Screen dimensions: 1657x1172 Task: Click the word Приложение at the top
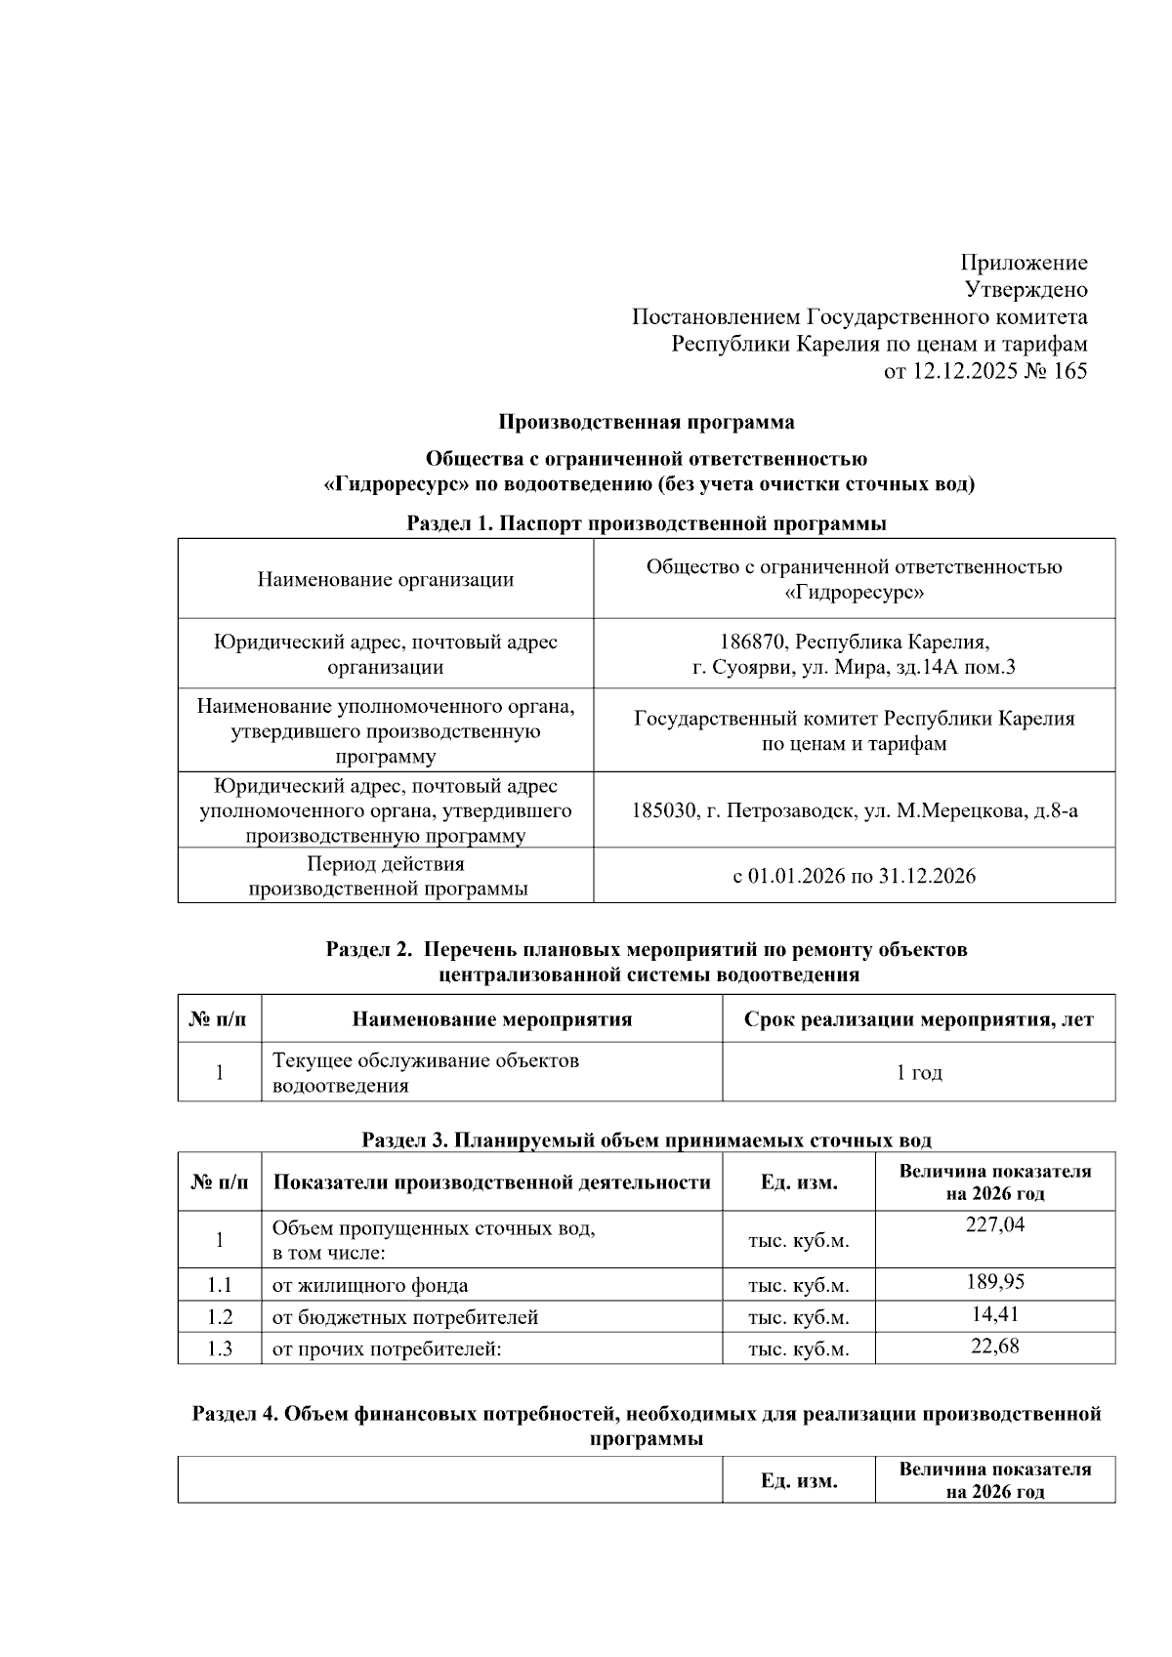(x=1024, y=263)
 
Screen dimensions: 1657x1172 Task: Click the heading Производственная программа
(x=647, y=423)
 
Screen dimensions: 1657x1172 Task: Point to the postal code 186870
(x=753, y=642)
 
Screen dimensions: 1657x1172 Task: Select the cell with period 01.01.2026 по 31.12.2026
(x=854, y=876)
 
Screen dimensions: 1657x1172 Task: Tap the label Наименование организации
(x=385, y=579)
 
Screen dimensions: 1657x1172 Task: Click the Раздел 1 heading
(x=647, y=523)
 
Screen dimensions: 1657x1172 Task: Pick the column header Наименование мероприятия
(x=491, y=1020)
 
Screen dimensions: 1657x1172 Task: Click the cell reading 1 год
(x=919, y=1073)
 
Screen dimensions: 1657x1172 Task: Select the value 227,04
(x=995, y=1224)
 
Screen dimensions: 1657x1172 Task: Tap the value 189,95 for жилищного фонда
(x=995, y=1282)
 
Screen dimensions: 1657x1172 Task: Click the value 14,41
(x=995, y=1314)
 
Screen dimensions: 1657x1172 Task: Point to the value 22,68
(x=995, y=1346)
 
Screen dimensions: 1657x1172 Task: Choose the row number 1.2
(x=220, y=1317)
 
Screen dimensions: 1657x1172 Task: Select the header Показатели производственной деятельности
(x=491, y=1182)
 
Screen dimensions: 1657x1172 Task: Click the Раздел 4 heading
(x=647, y=1415)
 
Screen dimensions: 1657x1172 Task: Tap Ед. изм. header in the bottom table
(x=799, y=1480)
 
